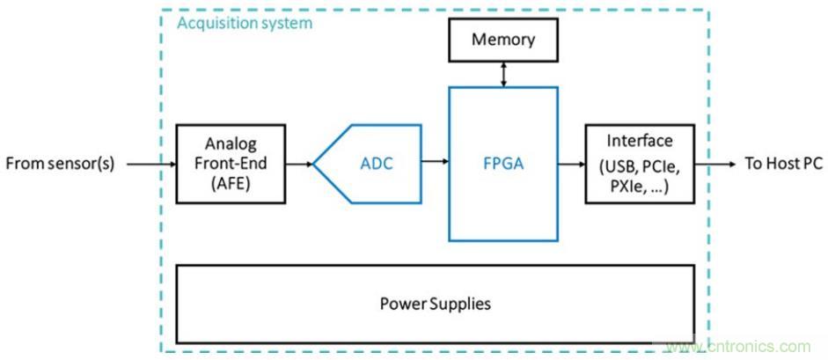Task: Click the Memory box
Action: click(503, 40)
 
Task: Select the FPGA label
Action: click(503, 163)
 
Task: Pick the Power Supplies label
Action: click(435, 305)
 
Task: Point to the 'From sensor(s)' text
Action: click(60, 164)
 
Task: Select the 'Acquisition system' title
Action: click(245, 23)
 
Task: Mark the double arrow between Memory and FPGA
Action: click(503, 73)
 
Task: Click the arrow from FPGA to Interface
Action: click(572, 164)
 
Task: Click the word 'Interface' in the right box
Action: click(641, 141)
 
